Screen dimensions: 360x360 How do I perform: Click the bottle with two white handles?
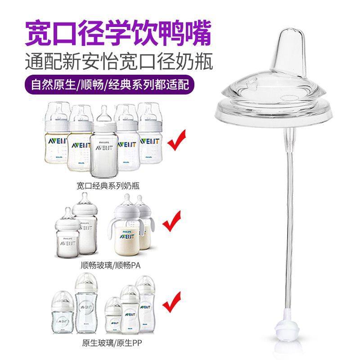click(128, 227)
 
